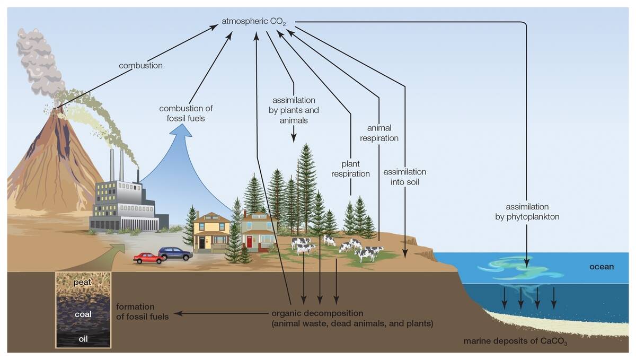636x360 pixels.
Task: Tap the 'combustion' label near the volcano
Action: [140, 66]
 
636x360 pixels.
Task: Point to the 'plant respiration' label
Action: [350, 169]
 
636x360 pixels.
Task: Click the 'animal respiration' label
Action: [379, 133]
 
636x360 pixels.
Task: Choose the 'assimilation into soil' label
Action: [404, 177]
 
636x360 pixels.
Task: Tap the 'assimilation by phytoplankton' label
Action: [527, 212]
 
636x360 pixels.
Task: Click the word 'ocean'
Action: [601, 267]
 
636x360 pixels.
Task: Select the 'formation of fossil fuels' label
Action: [142, 312]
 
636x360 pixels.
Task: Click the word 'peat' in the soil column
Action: [83, 282]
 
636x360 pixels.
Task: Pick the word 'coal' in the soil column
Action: [83, 314]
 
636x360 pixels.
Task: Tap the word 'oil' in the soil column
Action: [83, 339]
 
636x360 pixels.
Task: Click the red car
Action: [148, 258]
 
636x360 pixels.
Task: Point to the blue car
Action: [175, 253]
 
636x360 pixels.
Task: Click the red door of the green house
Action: [249, 242]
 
